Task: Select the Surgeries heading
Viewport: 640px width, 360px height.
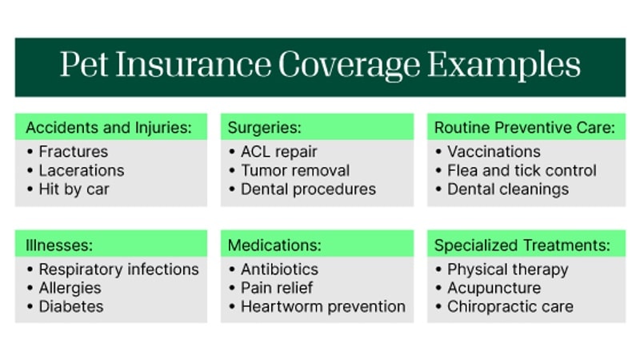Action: [264, 127]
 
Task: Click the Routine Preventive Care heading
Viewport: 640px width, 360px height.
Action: [524, 127]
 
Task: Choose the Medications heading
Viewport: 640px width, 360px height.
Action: [274, 244]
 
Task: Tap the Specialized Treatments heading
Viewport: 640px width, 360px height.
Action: [522, 244]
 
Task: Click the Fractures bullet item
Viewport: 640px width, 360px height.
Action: [73, 151]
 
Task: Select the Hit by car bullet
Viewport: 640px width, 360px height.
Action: [74, 190]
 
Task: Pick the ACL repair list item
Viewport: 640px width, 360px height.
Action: [278, 151]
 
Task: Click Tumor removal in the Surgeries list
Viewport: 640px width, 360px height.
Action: [294, 170]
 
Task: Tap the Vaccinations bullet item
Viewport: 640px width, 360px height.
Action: [494, 151]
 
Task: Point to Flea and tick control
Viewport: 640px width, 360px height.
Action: [522, 170]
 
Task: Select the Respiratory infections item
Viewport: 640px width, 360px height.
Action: [118, 269]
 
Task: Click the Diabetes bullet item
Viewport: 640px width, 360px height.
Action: [71, 306]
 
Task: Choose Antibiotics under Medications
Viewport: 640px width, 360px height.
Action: [279, 269]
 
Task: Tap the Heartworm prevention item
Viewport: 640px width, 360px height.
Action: [322, 306]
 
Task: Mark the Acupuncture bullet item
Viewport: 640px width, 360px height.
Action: [494, 288]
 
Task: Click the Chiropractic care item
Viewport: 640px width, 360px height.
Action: [510, 306]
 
